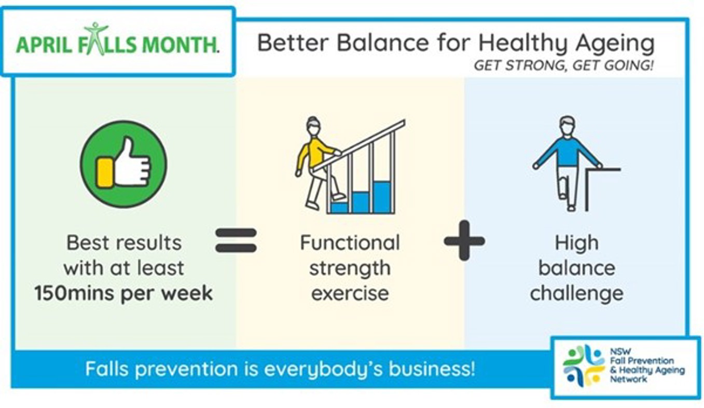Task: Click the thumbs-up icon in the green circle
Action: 123,164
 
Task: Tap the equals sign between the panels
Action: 236,240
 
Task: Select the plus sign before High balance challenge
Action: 464,241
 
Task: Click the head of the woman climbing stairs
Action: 313,126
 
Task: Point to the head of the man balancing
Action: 568,127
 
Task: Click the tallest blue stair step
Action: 382,197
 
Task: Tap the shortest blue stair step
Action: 339,208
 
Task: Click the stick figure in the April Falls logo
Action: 96,39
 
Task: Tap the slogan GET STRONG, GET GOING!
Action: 564,65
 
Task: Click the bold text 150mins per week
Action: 123,293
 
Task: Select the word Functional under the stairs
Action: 350,242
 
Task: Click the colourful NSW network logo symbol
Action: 584,365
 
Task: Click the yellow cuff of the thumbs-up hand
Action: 104,173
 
